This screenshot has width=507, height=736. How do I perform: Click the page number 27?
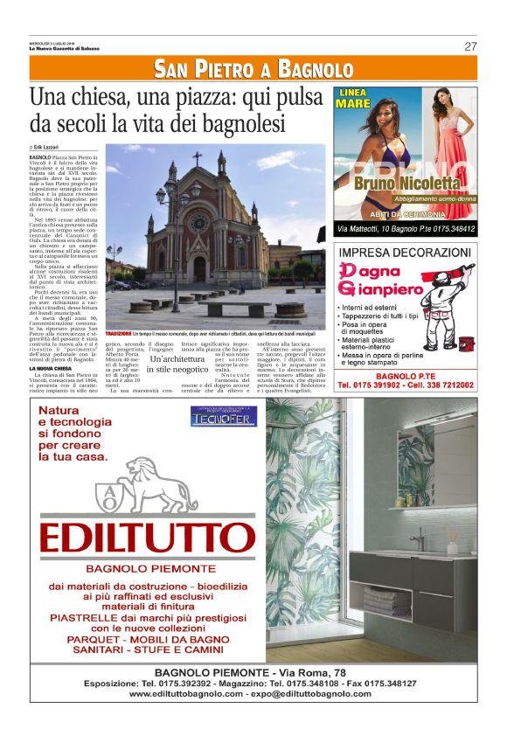pyautogui.click(x=470, y=46)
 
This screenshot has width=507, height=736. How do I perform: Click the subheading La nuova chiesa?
pyautogui.click(x=49, y=368)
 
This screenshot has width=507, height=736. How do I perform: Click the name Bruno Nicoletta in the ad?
pyautogui.click(x=406, y=184)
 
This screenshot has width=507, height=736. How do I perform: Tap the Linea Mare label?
pyautogui.click(x=353, y=97)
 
